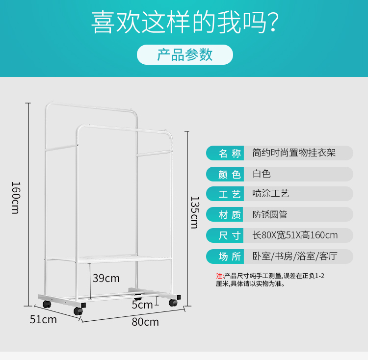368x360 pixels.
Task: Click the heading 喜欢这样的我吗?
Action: pos(185,23)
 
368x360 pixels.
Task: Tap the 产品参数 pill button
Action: pos(184,55)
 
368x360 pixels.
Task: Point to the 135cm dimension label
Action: pos(194,212)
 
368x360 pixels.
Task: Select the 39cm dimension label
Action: pos(106,279)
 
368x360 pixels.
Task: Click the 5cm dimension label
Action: pos(142,305)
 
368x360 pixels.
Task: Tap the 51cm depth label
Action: pos(43,320)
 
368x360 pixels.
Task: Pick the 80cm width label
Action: pos(145,322)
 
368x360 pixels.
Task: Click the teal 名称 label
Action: pos(230,153)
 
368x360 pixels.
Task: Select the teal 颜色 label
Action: pos(230,174)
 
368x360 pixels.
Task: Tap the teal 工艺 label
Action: pos(230,194)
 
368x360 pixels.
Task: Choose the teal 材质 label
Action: pos(230,215)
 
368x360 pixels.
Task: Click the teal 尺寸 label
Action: pos(230,235)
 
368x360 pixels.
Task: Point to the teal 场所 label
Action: pos(230,257)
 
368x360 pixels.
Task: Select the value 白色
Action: pos(262,174)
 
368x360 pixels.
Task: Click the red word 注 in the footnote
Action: pos(219,276)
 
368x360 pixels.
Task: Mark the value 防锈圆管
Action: pos(270,215)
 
